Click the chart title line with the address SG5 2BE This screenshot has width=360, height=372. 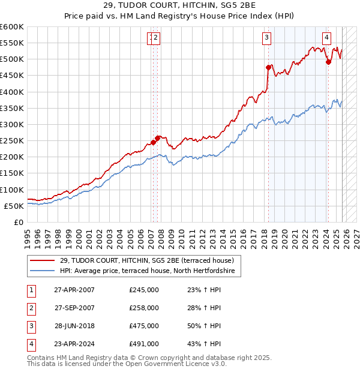coord(179,5)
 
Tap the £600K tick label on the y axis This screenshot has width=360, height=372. coord(11,27)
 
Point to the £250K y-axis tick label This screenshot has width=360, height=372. coord(11,141)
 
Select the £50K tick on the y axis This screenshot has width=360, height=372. coord(13,206)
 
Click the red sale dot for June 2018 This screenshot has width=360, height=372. coord(268,67)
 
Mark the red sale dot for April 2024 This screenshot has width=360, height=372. coord(328,62)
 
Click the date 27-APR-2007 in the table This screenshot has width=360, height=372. coord(74,290)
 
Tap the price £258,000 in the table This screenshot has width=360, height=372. coord(144,308)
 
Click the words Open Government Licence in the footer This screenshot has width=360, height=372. coord(176,364)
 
